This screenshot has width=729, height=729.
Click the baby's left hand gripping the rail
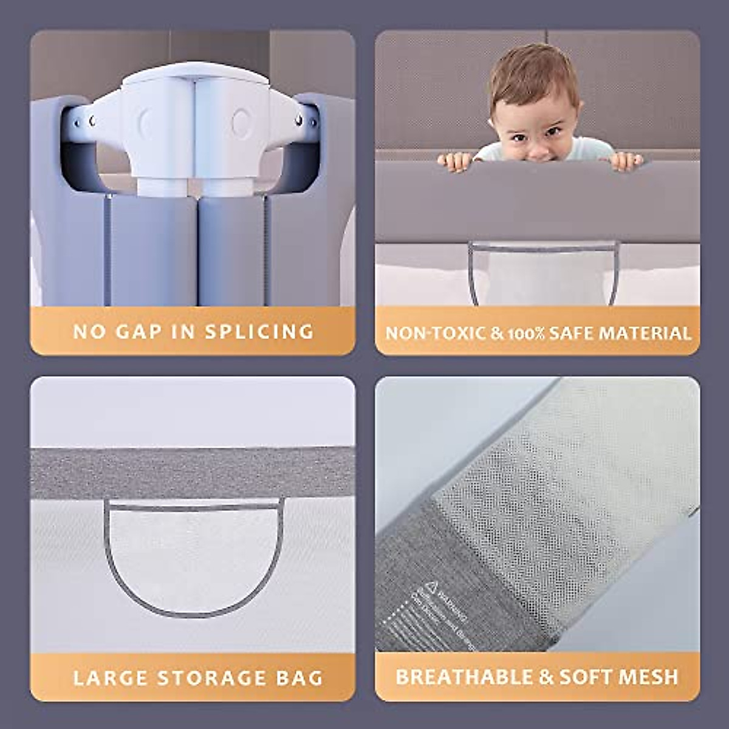(625, 161)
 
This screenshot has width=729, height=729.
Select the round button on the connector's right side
(240, 122)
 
